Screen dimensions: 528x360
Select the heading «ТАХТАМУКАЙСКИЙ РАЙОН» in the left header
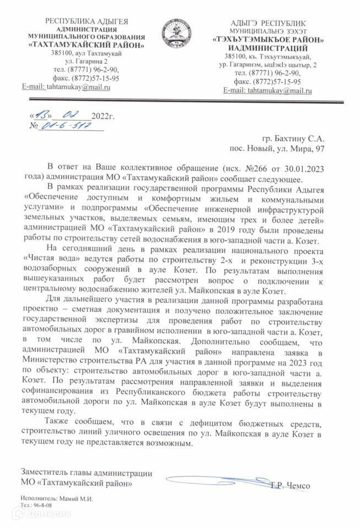87,45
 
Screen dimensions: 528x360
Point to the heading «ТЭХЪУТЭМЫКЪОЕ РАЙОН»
268,40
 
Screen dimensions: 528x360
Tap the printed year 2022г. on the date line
103,116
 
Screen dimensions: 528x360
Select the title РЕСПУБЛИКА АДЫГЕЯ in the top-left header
86,21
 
